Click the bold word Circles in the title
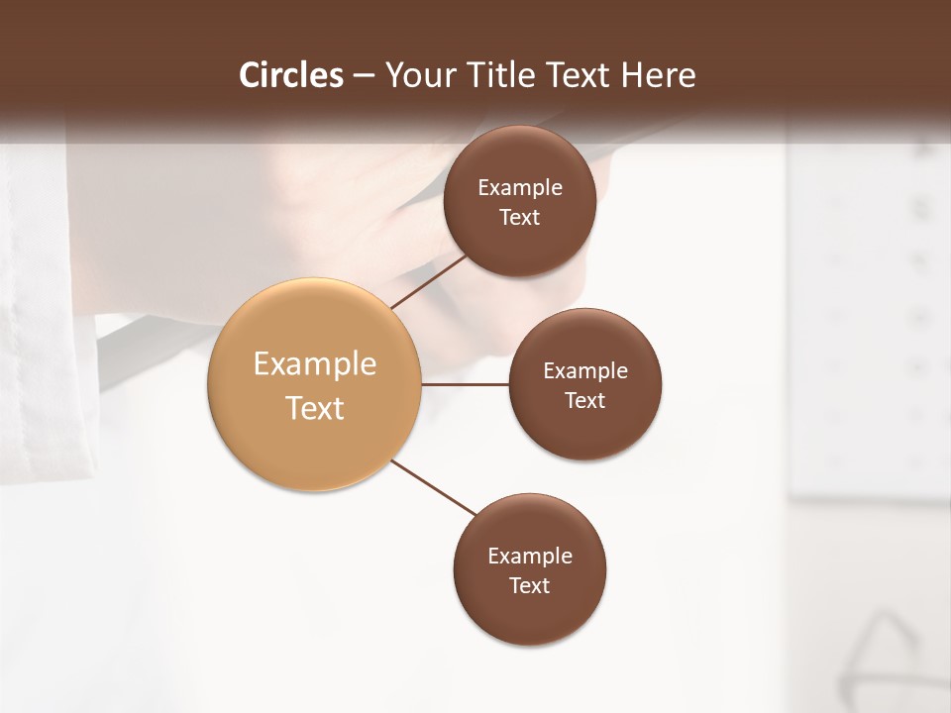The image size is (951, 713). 291,75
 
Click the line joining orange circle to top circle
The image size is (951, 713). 428,281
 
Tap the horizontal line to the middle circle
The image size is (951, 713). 465,384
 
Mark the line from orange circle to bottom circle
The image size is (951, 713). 433,487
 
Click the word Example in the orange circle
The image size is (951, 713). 315,364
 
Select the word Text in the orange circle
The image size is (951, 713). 315,408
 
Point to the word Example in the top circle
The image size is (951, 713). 520,188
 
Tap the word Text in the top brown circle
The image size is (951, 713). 520,218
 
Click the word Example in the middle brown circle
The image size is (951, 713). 585,371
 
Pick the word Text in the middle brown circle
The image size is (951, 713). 585,401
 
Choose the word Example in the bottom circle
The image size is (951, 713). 530,557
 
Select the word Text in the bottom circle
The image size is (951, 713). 530,586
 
